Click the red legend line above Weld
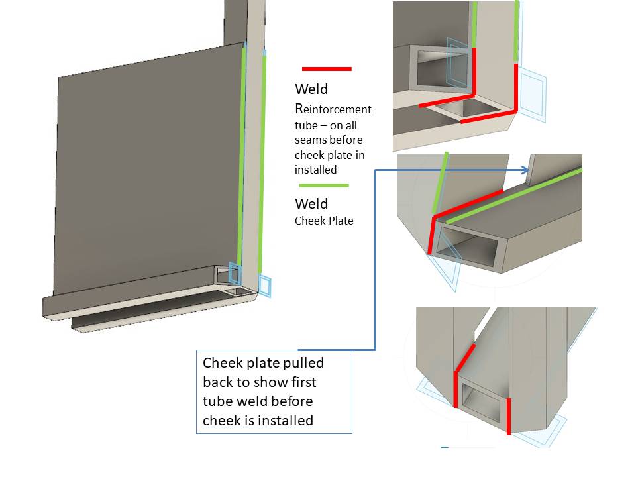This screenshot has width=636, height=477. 327,69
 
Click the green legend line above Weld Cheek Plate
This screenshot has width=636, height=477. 324,185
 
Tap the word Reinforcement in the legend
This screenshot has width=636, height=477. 333,109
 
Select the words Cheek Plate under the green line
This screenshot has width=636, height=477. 324,221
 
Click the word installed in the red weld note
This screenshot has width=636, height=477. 315,170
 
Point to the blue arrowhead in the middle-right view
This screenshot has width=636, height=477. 525,170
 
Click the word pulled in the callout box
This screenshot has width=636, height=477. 304,363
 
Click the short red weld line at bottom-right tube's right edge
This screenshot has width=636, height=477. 509,416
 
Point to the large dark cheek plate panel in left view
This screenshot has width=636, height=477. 148,170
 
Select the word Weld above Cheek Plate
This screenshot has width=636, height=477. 311,203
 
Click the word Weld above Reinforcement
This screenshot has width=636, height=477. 311,89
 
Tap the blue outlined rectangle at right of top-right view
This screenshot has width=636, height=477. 532,95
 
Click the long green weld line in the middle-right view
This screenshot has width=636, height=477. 514,196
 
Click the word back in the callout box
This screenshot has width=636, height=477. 218,382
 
